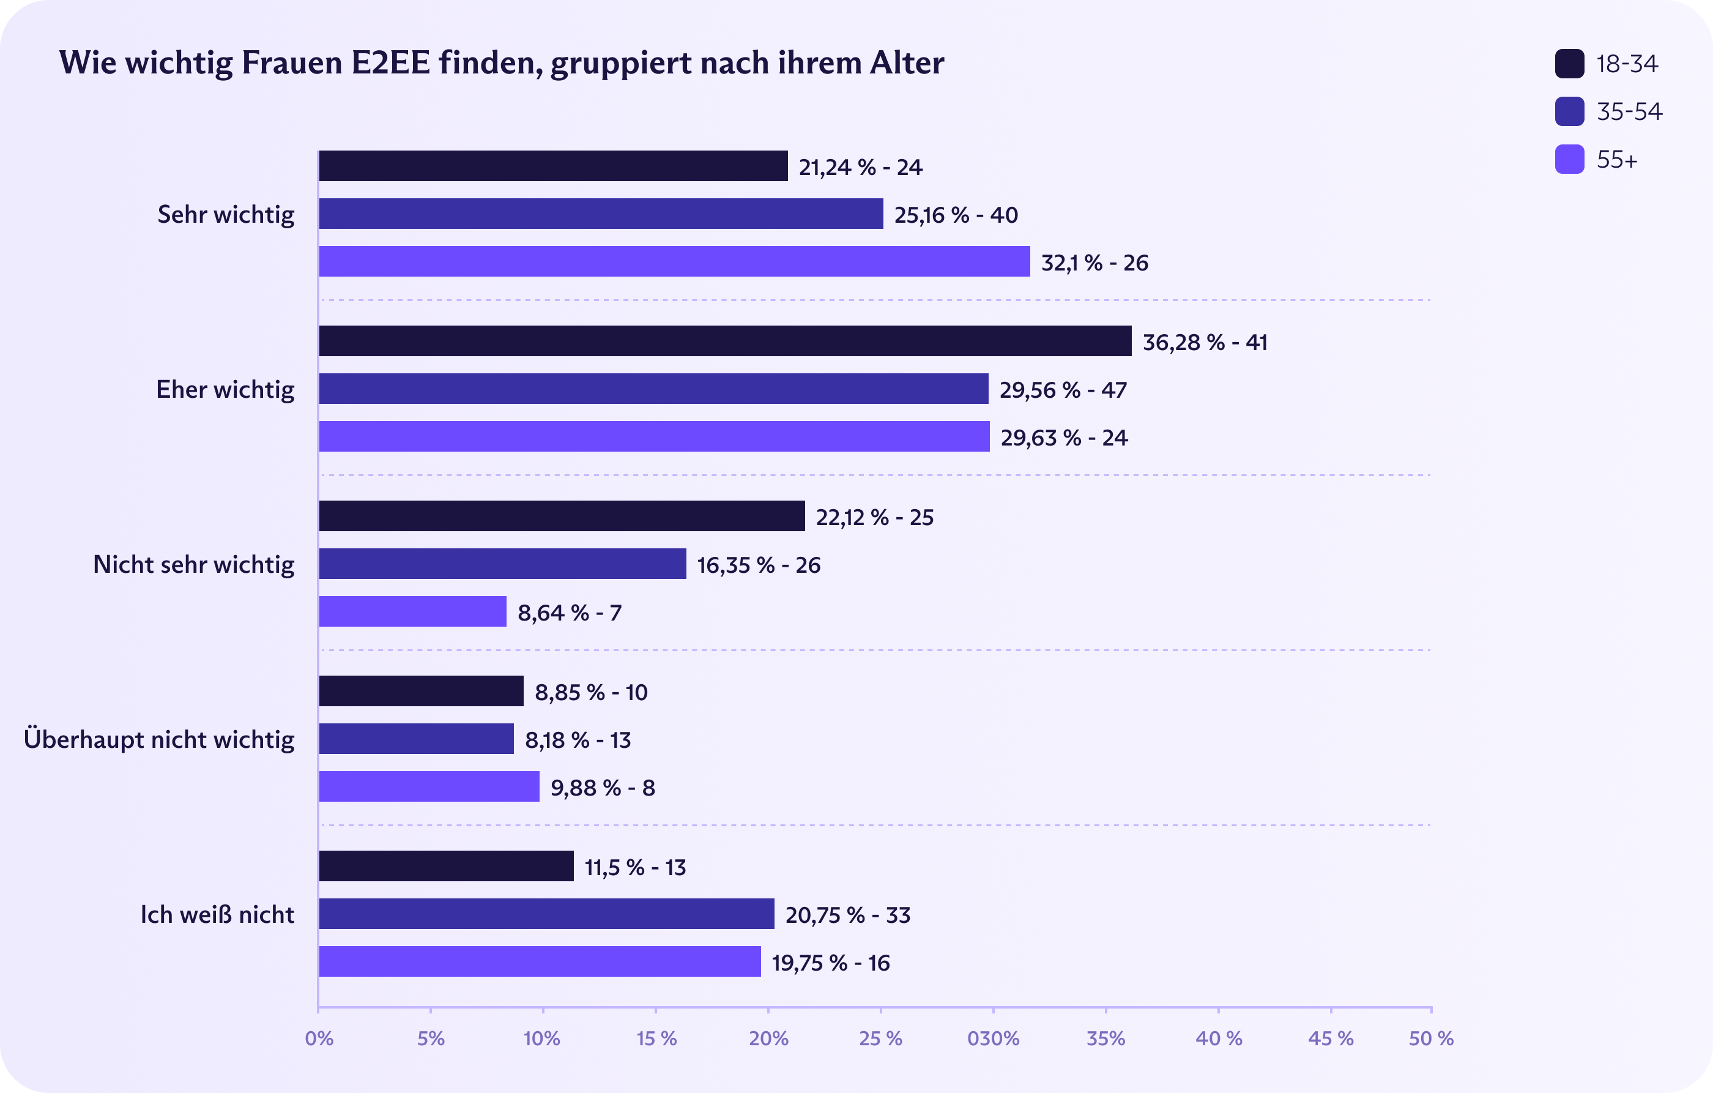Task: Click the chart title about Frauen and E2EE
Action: (x=502, y=62)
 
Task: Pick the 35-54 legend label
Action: (x=1629, y=112)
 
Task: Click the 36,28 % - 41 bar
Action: (x=725, y=341)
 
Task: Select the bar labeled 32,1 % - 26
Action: (x=674, y=261)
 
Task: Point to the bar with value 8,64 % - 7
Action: (x=412, y=611)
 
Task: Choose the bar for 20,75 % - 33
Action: (x=546, y=914)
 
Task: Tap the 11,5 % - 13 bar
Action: (x=446, y=866)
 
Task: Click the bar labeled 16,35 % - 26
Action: (x=502, y=564)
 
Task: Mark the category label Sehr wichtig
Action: (x=226, y=214)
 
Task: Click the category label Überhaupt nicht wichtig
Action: (x=158, y=739)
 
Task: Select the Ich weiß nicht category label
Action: (x=217, y=914)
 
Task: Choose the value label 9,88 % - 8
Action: (x=603, y=788)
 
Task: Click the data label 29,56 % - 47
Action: (x=1063, y=390)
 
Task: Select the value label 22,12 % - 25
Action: (x=874, y=517)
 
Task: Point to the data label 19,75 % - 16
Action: (x=830, y=963)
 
